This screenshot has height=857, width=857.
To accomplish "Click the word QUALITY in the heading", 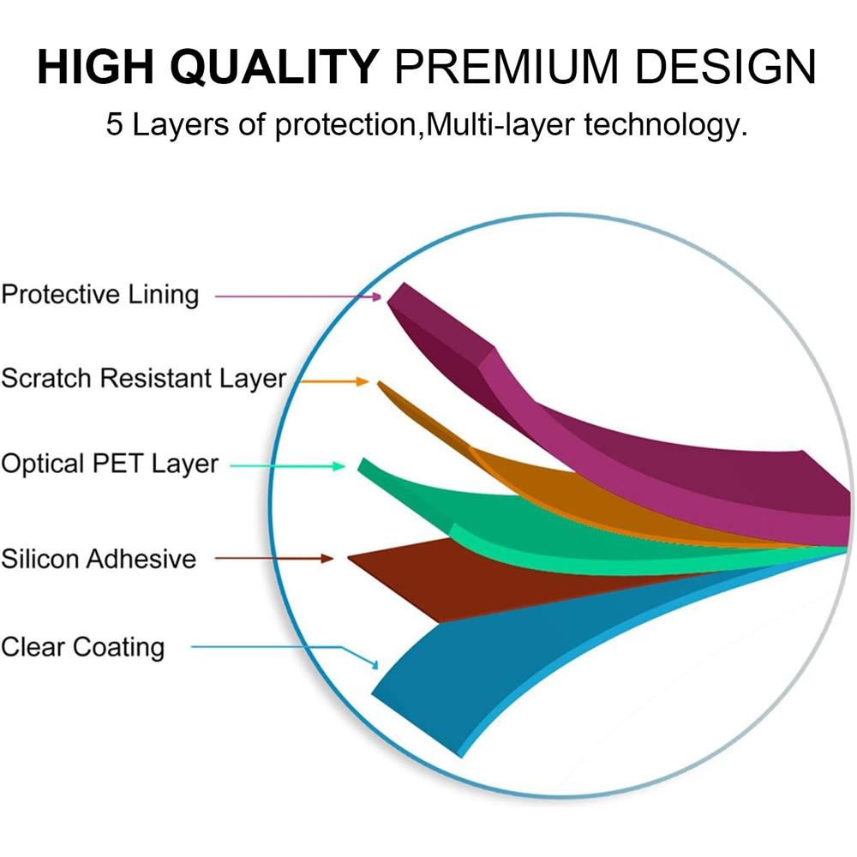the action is tap(275, 68).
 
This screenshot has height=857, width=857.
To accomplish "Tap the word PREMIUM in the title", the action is tap(506, 67).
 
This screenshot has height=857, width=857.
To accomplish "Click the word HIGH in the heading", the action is tap(96, 67).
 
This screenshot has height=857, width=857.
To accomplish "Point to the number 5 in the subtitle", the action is tap(114, 124).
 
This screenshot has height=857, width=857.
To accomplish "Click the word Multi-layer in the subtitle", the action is tap(500, 125).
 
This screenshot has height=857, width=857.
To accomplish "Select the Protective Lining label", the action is tap(100, 295).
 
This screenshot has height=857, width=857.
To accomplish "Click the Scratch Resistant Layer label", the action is tap(144, 379).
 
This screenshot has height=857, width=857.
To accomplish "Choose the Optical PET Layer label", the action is tap(110, 464).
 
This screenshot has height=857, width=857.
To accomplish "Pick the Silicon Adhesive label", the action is tap(99, 559).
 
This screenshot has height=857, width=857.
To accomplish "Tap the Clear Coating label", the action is tap(83, 647).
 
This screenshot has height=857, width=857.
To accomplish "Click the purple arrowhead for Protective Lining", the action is tap(376, 297).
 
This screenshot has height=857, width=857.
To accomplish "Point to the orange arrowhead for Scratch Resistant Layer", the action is tap(363, 381).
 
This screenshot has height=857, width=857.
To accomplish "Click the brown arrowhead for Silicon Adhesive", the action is tap(327, 559).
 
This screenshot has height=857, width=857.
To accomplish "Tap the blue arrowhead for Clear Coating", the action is tap(375, 665).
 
